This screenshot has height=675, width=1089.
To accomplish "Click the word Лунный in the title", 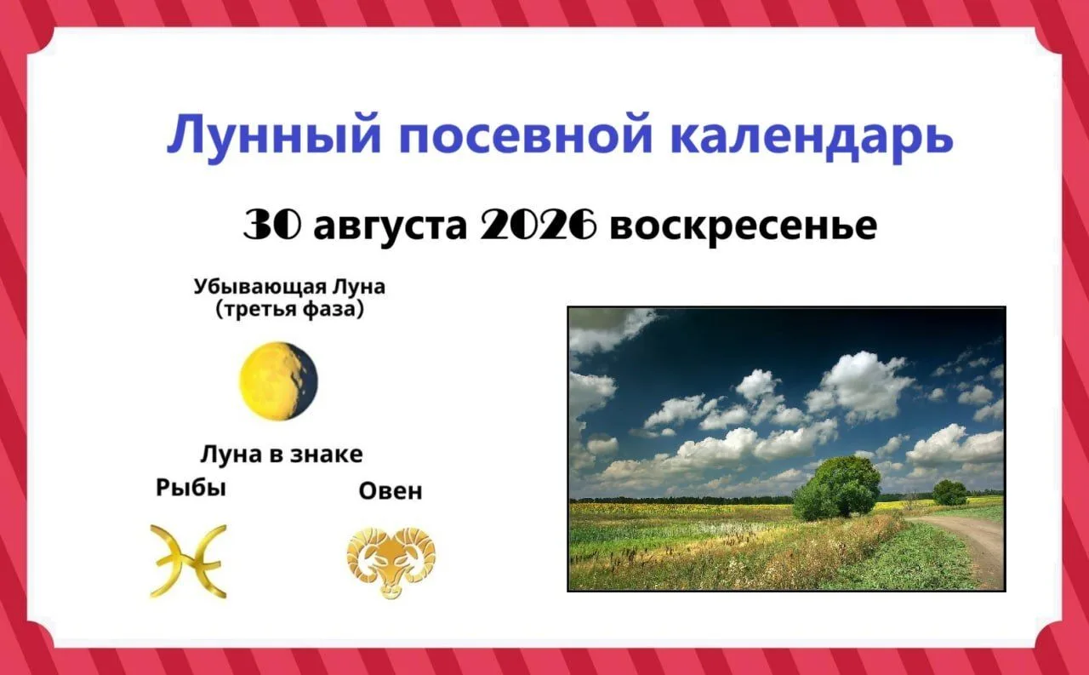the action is [x=273, y=136].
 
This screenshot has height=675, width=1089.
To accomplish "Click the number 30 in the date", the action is [x=271, y=226].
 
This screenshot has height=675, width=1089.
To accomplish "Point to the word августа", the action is [x=391, y=227].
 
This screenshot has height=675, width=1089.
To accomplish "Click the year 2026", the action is [x=539, y=226].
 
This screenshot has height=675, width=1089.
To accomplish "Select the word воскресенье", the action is [x=744, y=226].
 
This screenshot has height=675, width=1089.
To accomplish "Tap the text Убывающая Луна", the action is [x=290, y=287].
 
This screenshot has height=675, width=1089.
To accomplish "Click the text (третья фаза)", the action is [x=290, y=309].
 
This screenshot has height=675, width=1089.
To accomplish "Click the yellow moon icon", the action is [x=278, y=380].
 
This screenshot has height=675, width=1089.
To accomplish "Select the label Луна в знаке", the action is [x=282, y=455].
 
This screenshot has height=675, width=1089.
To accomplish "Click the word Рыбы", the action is [x=191, y=488].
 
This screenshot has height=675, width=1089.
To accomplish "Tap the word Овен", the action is [x=391, y=491].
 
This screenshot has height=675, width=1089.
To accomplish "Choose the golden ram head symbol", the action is [x=391, y=563].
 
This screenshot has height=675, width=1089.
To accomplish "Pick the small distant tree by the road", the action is [x=950, y=492].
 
